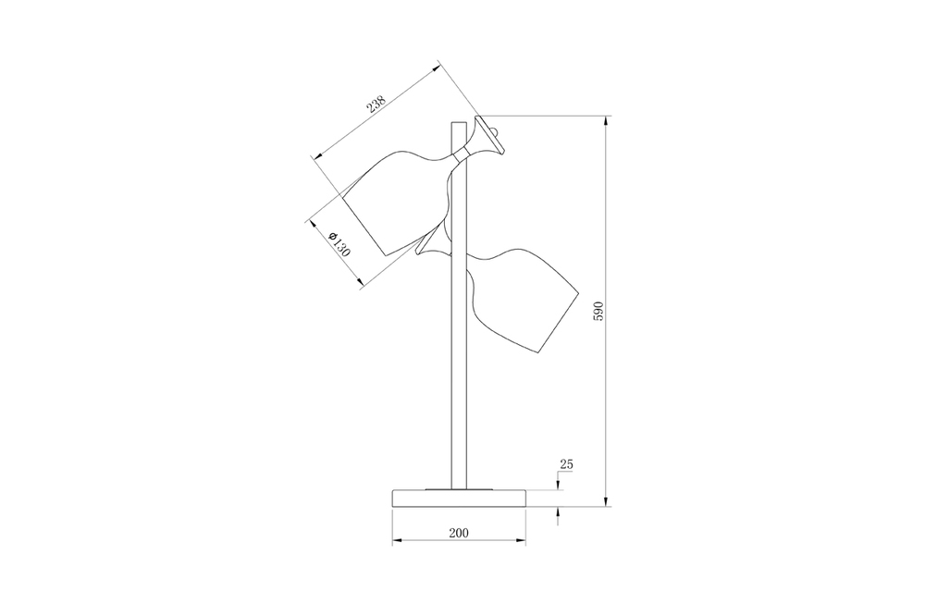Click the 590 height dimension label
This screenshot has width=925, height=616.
click(598, 311)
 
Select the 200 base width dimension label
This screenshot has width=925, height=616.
click(459, 533)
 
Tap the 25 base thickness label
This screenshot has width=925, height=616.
click(566, 464)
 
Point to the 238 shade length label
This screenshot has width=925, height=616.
click(376, 104)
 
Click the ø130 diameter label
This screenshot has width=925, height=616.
click(339, 244)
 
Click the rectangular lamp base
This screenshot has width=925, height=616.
click(459, 498)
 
